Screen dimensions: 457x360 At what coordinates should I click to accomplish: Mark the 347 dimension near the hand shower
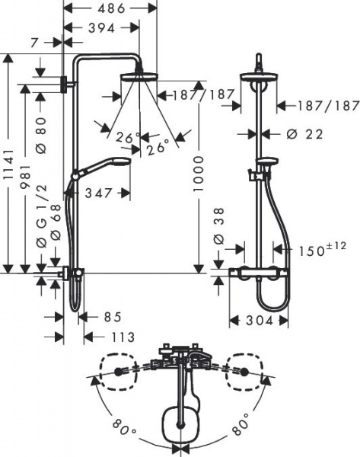(98, 193)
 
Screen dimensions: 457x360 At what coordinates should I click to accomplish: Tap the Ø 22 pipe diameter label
(304, 133)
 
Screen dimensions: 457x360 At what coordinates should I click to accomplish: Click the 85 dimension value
(112, 316)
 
